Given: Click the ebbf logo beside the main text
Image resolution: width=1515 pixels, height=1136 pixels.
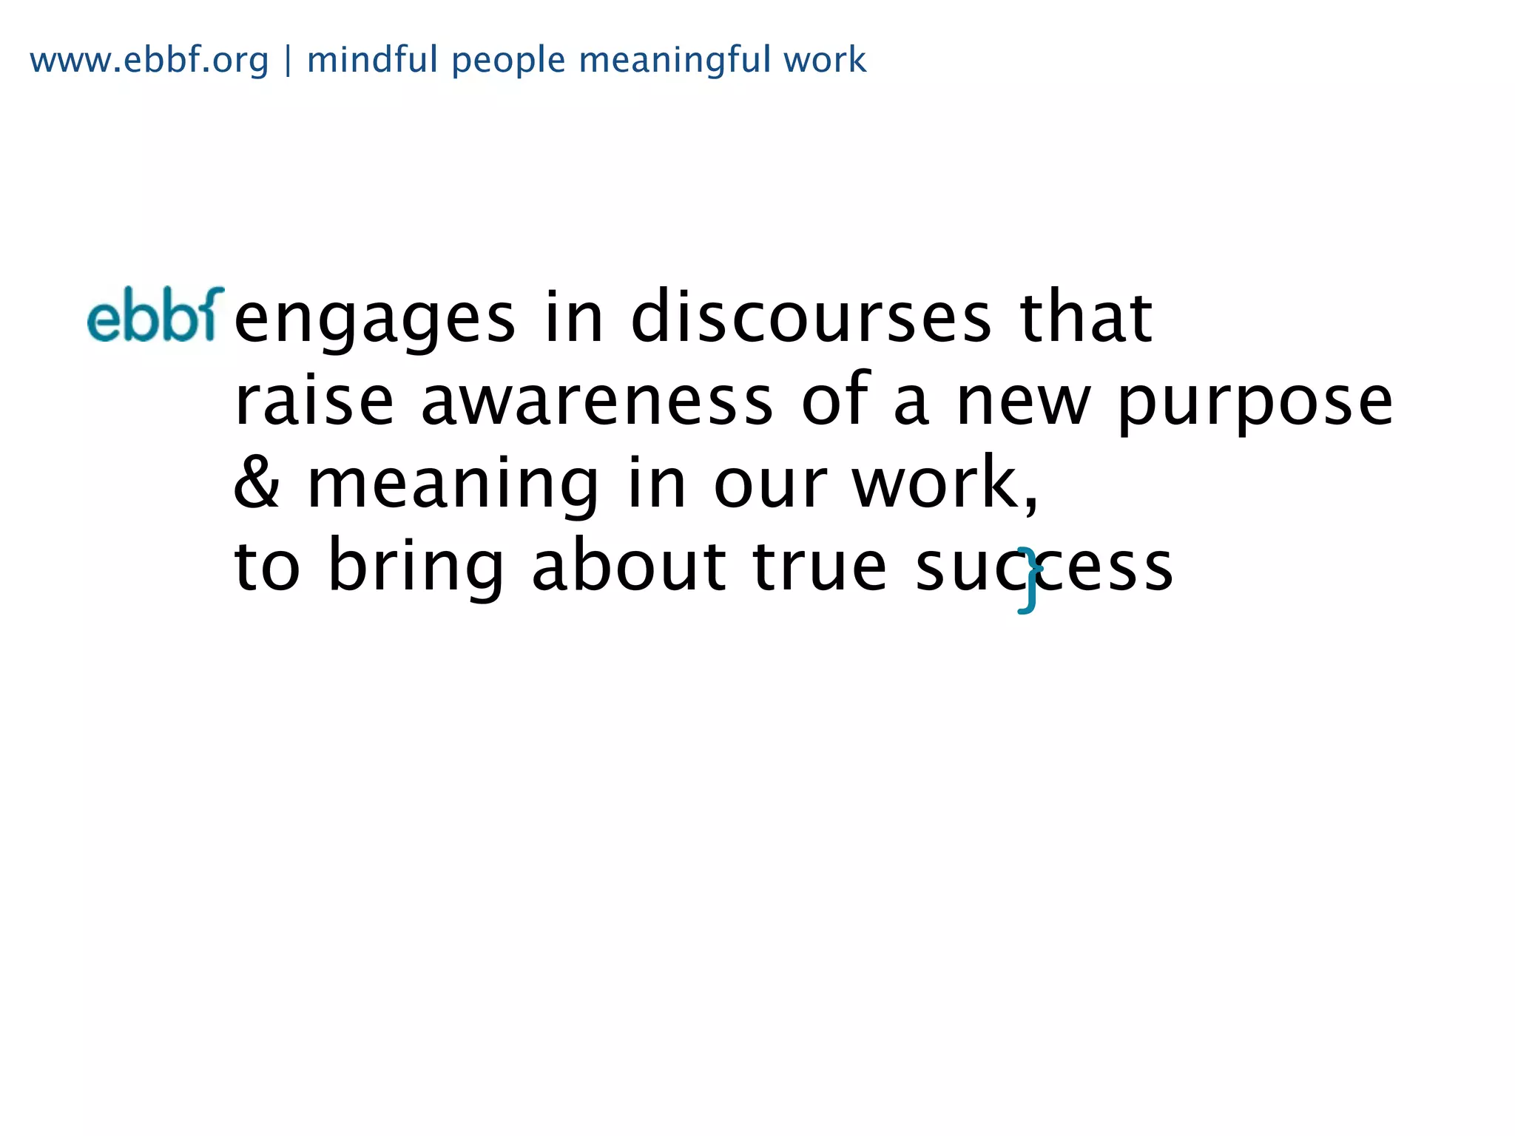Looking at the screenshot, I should [155, 315].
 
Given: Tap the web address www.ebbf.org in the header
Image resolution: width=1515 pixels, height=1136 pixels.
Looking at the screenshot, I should [149, 60].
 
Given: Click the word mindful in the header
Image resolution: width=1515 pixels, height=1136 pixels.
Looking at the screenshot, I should [372, 60].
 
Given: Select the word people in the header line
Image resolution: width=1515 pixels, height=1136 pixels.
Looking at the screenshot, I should [508, 61].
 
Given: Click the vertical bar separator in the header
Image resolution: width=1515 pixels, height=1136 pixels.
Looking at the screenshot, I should [288, 61].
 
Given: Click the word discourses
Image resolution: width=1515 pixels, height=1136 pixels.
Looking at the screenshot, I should [811, 318].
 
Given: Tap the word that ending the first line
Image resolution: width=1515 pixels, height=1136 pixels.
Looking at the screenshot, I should [1086, 318].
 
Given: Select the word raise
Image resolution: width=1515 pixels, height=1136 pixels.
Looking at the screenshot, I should [314, 401].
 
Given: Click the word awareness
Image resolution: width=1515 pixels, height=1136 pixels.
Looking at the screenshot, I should [597, 401].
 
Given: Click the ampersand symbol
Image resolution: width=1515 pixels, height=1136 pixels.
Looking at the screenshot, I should [256, 483].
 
